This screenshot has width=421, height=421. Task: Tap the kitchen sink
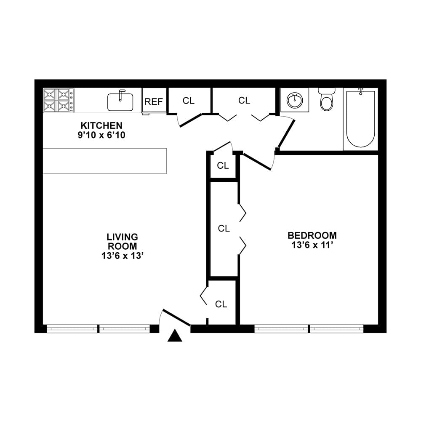coord(120,101)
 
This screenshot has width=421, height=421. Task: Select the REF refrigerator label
coord(154,101)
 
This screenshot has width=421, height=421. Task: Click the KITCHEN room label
coord(101,125)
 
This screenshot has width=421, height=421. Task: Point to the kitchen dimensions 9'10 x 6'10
coord(101,135)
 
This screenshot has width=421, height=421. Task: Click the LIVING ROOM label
coord(122,242)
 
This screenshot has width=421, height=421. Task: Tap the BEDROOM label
coord(312,235)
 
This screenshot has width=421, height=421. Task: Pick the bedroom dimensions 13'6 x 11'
coord(312,245)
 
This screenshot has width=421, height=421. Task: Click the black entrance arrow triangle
coord(175,336)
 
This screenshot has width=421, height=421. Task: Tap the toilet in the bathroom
coord(326,99)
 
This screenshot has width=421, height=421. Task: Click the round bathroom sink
coord(294,100)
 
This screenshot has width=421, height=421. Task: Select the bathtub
coord(360,118)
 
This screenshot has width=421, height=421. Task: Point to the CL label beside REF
coord(189,101)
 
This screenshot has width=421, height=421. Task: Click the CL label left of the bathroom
coord(244,101)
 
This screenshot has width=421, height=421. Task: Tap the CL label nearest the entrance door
coord(221,304)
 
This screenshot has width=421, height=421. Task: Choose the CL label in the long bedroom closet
coord(224,229)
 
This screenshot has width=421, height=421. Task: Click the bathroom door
coord(286,133)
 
